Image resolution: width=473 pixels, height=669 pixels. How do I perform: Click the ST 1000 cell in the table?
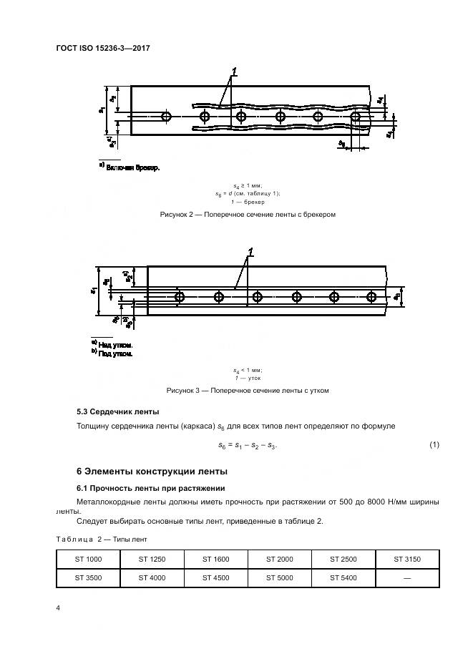87,559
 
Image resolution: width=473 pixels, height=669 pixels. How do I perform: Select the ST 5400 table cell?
343,577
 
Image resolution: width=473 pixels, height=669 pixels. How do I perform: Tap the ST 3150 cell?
407,559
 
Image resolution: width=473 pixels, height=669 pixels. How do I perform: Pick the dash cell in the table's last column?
407,577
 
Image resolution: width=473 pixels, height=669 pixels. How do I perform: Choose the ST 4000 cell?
152,577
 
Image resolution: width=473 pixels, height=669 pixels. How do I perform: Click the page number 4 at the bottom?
58,607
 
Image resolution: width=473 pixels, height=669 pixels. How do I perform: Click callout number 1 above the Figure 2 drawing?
234,72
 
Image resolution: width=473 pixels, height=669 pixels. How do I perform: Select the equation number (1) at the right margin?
434,445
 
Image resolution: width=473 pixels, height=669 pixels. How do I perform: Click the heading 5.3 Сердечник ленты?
118,412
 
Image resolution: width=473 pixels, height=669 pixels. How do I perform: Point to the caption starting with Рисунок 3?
248,391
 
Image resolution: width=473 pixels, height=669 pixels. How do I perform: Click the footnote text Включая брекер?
132,168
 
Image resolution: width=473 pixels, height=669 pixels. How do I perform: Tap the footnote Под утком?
116,353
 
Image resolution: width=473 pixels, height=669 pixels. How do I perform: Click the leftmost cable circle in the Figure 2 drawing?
167,116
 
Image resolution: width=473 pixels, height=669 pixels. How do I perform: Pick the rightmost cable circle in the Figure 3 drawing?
371,296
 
